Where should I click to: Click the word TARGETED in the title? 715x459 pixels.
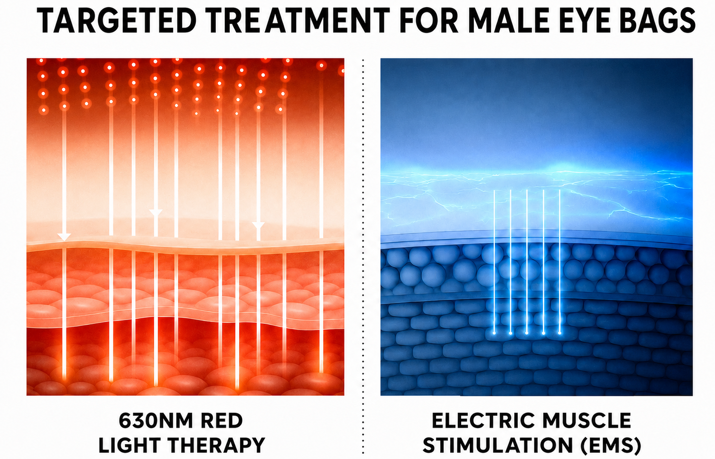click(x=116, y=21)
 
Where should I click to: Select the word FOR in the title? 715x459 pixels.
click(x=429, y=21)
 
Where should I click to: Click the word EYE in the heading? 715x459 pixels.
click(x=589, y=21)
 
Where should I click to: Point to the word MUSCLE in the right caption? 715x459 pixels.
click(x=587, y=421)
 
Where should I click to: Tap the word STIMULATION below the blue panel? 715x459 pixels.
click(x=498, y=445)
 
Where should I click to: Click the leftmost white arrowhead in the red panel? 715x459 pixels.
click(x=64, y=237)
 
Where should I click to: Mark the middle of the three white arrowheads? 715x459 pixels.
click(x=156, y=213)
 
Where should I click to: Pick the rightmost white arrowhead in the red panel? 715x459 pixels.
click(x=258, y=226)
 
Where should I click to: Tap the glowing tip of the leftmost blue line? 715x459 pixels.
click(x=494, y=333)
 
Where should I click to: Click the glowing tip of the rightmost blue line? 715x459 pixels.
click(x=559, y=333)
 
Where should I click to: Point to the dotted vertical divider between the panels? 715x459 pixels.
click(x=363, y=256)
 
